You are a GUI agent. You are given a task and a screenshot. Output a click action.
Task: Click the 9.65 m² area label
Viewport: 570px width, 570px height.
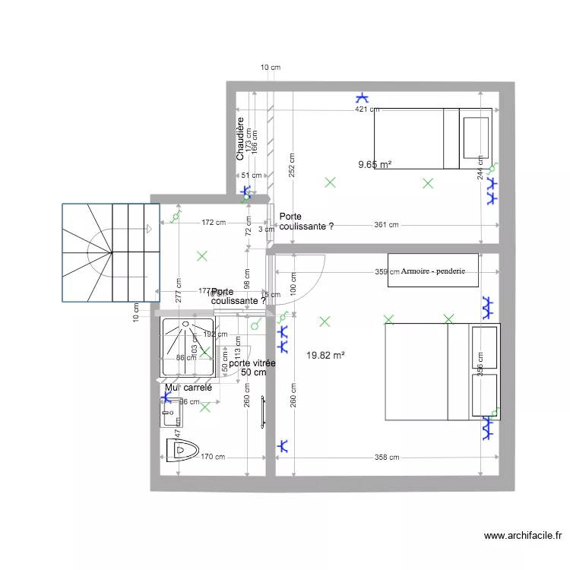pyautogui.click(x=375, y=164)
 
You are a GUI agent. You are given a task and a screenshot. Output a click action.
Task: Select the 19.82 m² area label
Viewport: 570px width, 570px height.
pyautogui.click(x=325, y=355)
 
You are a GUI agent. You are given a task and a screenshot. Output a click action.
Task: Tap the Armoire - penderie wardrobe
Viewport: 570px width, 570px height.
pyautogui.click(x=432, y=271)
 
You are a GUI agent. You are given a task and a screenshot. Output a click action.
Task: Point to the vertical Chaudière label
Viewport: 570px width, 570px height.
pyautogui.click(x=240, y=138)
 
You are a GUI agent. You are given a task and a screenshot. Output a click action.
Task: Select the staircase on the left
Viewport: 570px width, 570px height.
pyautogui.click(x=112, y=252)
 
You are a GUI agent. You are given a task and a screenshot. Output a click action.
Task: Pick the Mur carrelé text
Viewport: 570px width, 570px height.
pyautogui.click(x=188, y=388)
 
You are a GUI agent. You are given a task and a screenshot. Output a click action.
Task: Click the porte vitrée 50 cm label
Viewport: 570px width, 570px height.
pyautogui.click(x=252, y=368)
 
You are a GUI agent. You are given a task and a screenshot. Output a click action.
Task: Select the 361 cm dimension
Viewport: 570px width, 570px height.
pyautogui.click(x=386, y=225)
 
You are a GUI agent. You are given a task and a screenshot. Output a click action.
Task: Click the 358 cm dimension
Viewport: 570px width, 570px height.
pyautogui.click(x=386, y=458)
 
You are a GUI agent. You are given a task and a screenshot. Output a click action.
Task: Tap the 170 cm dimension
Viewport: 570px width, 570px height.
pyautogui.click(x=212, y=458)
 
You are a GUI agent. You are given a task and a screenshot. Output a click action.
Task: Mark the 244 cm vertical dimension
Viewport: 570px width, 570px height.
pyautogui.click(x=480, y=169)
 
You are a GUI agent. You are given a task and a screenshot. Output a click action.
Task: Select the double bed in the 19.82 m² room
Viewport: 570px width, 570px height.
pyautogui.click(x=442, y=372)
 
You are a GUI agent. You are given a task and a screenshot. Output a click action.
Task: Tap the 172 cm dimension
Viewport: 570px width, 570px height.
pyautogui.click(x=214, y=223)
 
